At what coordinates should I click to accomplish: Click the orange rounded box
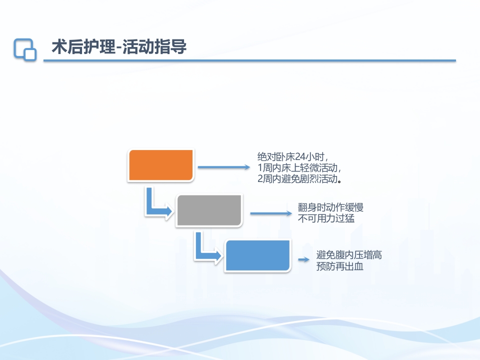coord(161,165)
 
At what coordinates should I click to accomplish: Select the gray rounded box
coord(209,210)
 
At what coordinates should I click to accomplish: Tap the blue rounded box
coord(257,256)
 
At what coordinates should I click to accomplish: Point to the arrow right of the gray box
coord(270,213)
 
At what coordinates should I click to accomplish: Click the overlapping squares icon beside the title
coord(25,49)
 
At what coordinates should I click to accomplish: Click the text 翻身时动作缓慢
coord(330,207)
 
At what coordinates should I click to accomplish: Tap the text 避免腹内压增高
coord(349,255)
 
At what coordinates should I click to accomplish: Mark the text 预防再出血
coord(339,266)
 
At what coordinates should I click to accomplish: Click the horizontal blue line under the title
coord(249,61)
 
